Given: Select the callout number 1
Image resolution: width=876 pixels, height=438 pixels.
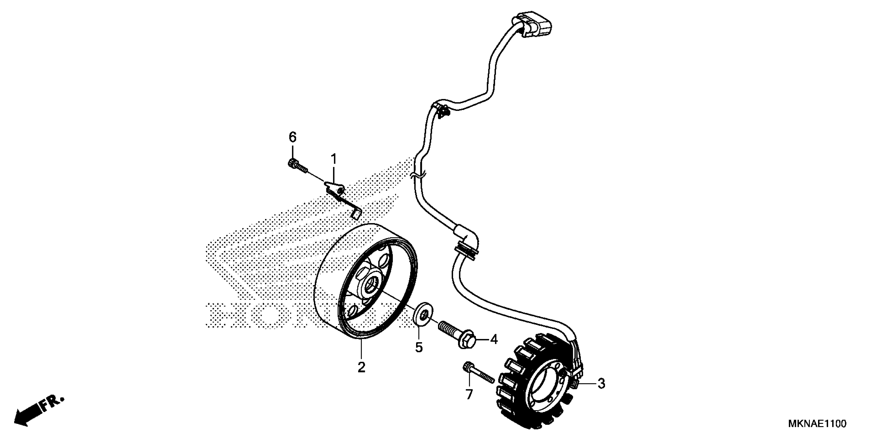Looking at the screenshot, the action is click(334, 158).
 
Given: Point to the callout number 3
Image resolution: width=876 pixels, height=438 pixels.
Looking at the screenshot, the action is click(601, 384).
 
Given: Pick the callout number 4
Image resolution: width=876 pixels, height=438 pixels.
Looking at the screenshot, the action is click(493, 339).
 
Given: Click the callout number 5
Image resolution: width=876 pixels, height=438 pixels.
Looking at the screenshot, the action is click(419, 347).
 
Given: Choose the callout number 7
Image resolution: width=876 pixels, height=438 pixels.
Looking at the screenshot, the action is click(469, 394).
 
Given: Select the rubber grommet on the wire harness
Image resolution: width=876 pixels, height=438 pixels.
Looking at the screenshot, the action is click(466, 250).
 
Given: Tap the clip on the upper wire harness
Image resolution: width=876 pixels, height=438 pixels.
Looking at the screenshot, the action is click(441, 111).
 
